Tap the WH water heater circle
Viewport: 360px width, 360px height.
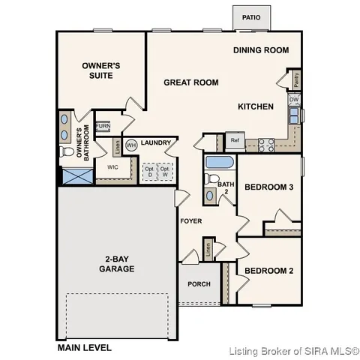click(x=130, y=145)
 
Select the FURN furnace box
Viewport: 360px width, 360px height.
click(x=103, y=126)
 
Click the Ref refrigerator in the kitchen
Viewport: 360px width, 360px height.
click(x=234, y=140)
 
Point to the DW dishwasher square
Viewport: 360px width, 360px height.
click(x=294, y=100)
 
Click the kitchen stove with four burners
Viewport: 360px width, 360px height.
click(x=265, y=145)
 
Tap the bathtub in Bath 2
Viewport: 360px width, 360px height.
click(x=219, y=162)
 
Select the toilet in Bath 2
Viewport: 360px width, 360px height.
click(x=209, y=179)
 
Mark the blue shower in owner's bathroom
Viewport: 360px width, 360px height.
click(x=75, y=177)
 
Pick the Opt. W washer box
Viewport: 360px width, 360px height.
click(x=165, y=171)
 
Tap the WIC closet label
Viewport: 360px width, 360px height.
click(x=112, y=167)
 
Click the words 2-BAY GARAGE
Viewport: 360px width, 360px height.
click(x=116, y=264)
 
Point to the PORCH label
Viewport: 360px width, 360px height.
click(x=199, y=284)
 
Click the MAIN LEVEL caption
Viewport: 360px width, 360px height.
click(x=85, y=347)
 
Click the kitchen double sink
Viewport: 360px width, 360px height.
click(x=296, y=115)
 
